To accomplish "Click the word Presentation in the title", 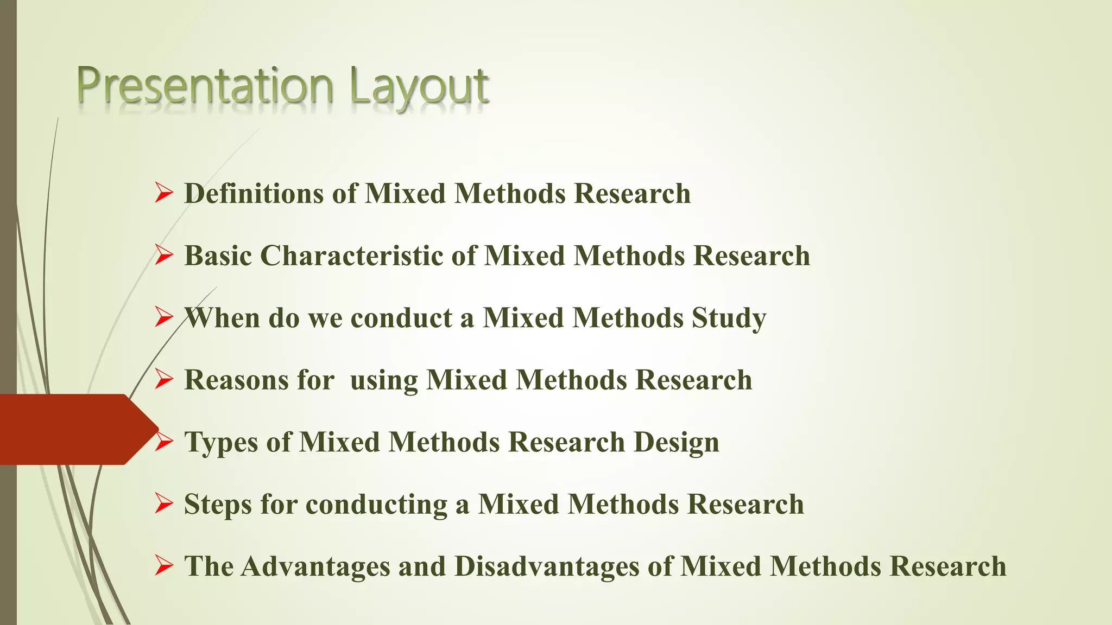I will (205, 86).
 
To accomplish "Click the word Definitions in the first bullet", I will (254, 194).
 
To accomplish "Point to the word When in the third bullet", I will (222, 318).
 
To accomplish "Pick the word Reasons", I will (237, 380).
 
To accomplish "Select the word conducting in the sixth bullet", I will (376, 505).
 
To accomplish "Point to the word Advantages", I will (315, 566).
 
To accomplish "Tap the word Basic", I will (218, 256).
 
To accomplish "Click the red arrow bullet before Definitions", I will (163, 193).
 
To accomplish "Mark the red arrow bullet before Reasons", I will (163, 379).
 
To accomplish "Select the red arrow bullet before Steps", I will (163, 504).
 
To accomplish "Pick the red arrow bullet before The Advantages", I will (163, 566).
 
